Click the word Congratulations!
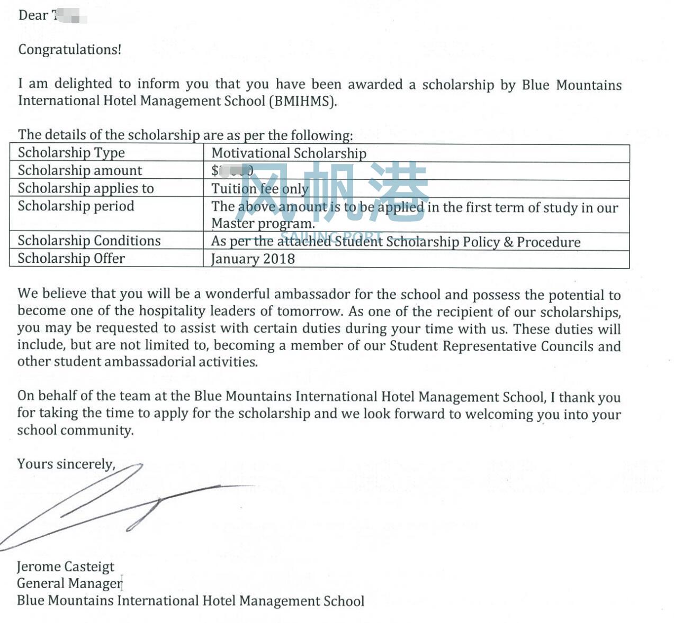pos(69,50)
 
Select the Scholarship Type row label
pos(71,153)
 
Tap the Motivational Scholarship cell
pos(289,153)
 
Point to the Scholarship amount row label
pos(79,170)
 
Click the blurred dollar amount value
pos(232,170)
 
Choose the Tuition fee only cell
pos(259,189)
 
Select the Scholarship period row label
pos(76,206)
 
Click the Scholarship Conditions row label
pos(89,241)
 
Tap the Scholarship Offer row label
pos(71,259)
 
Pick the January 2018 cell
pos(253,259)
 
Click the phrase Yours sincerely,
pos(66,464)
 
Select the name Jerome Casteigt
pos(65,567)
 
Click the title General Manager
pos(69,584)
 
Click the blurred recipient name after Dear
pos(69,16)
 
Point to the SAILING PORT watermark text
pos(331,236)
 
